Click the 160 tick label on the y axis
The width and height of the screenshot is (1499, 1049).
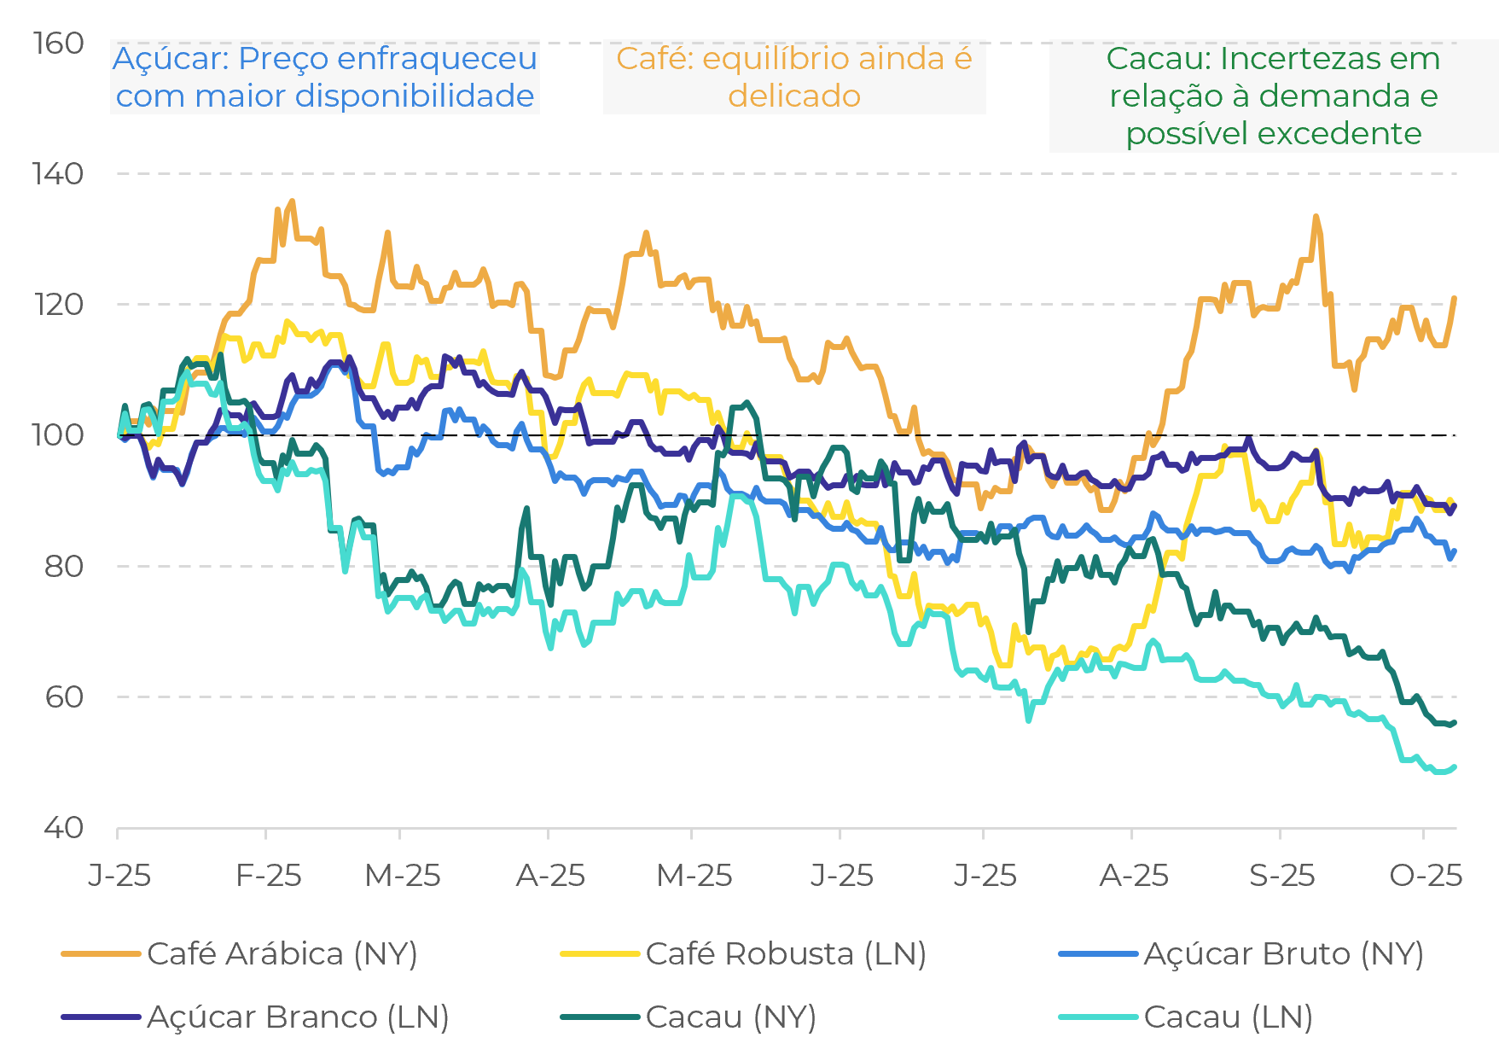tap(58, 44)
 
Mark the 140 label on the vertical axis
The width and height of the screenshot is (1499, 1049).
tap(58, 174)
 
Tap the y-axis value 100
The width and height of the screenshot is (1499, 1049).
tap(58, 435)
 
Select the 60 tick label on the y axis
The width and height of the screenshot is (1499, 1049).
tap(63, 696)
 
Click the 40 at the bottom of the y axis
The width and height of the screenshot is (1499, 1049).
tap(63, 827)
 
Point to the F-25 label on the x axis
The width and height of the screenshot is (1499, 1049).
tap(269, 875)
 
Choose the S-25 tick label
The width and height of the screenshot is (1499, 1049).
tap(1281, 875)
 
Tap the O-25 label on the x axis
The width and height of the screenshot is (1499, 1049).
tap(1426, 875)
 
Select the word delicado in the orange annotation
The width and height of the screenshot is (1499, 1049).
tap(794, 96)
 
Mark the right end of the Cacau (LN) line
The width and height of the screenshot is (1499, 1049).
tap(1455, 767)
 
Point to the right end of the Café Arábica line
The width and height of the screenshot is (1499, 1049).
tap(1455, 298)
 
